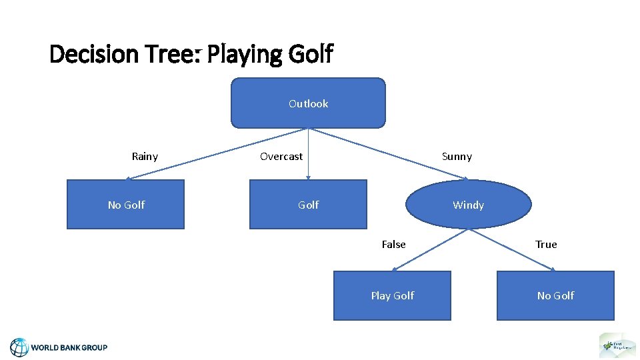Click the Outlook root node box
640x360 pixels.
[x=308, y=103]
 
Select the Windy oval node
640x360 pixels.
[x=468, y=205]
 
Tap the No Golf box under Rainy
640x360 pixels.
[x=125, y=205]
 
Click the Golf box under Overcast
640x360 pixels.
[x=308, y=205]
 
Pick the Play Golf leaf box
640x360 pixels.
[x=392, y=295]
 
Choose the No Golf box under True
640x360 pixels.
[x=555, y=295]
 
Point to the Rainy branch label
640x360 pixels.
[x=145, y=157]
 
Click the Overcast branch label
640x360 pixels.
[x=281, y=157]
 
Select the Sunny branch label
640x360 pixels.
[x=457, y=157]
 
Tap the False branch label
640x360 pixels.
[x=393, y=245]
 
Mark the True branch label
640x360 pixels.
[x=546, y=245]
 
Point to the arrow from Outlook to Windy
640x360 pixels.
[x=390, y=154]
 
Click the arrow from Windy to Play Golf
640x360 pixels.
[x=432, y=249]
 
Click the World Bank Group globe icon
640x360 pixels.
[x=19, y=347]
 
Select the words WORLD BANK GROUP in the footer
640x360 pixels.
[x=69, y=347]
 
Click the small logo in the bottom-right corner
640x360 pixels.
[x=617, y=345]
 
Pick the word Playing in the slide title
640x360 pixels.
[x=245, y=53]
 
